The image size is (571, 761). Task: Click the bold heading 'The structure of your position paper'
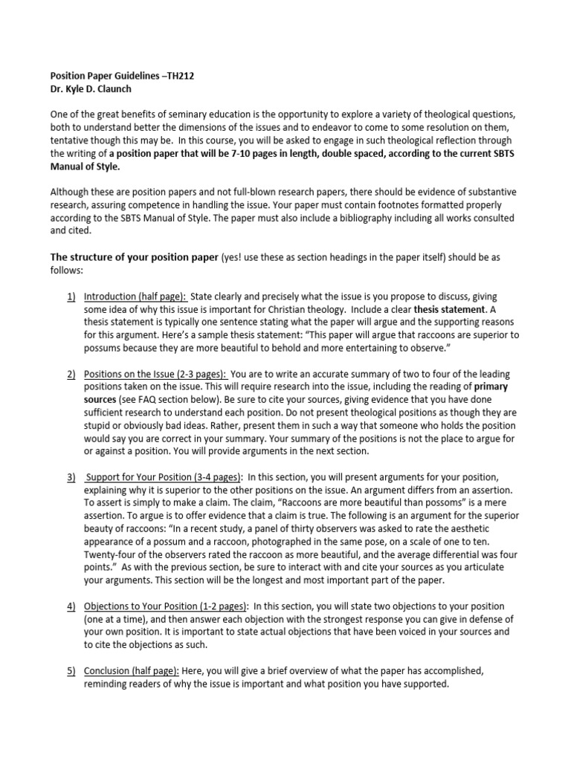[x=134, y=257]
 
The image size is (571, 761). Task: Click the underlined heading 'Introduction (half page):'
[x=135, y=297]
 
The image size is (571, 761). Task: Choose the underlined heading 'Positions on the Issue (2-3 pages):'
[x=155, y=374]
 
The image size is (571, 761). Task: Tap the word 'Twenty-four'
[x=107, y=554]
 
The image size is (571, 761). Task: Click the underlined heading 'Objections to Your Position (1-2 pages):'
[x=168, y=606]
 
